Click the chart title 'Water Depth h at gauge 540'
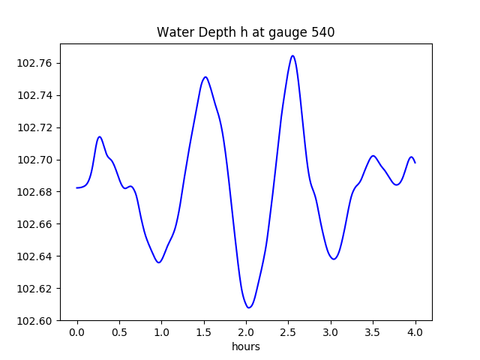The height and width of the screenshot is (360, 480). pos(245,32)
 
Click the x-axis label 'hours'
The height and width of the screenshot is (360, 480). pos(245,346)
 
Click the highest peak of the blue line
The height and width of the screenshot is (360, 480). pos(292,55)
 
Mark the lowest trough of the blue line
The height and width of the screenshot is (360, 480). pos(249,307)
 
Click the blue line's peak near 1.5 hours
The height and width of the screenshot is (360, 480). pos(205,76)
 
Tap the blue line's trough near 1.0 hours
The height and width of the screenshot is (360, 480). pos(159,262)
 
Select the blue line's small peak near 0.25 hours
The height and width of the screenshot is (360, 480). pos(99,136)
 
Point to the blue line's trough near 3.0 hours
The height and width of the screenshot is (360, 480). pos(334,259)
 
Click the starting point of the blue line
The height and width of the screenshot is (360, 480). pos(77,187)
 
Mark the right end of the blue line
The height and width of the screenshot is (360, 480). pos(415,163)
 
